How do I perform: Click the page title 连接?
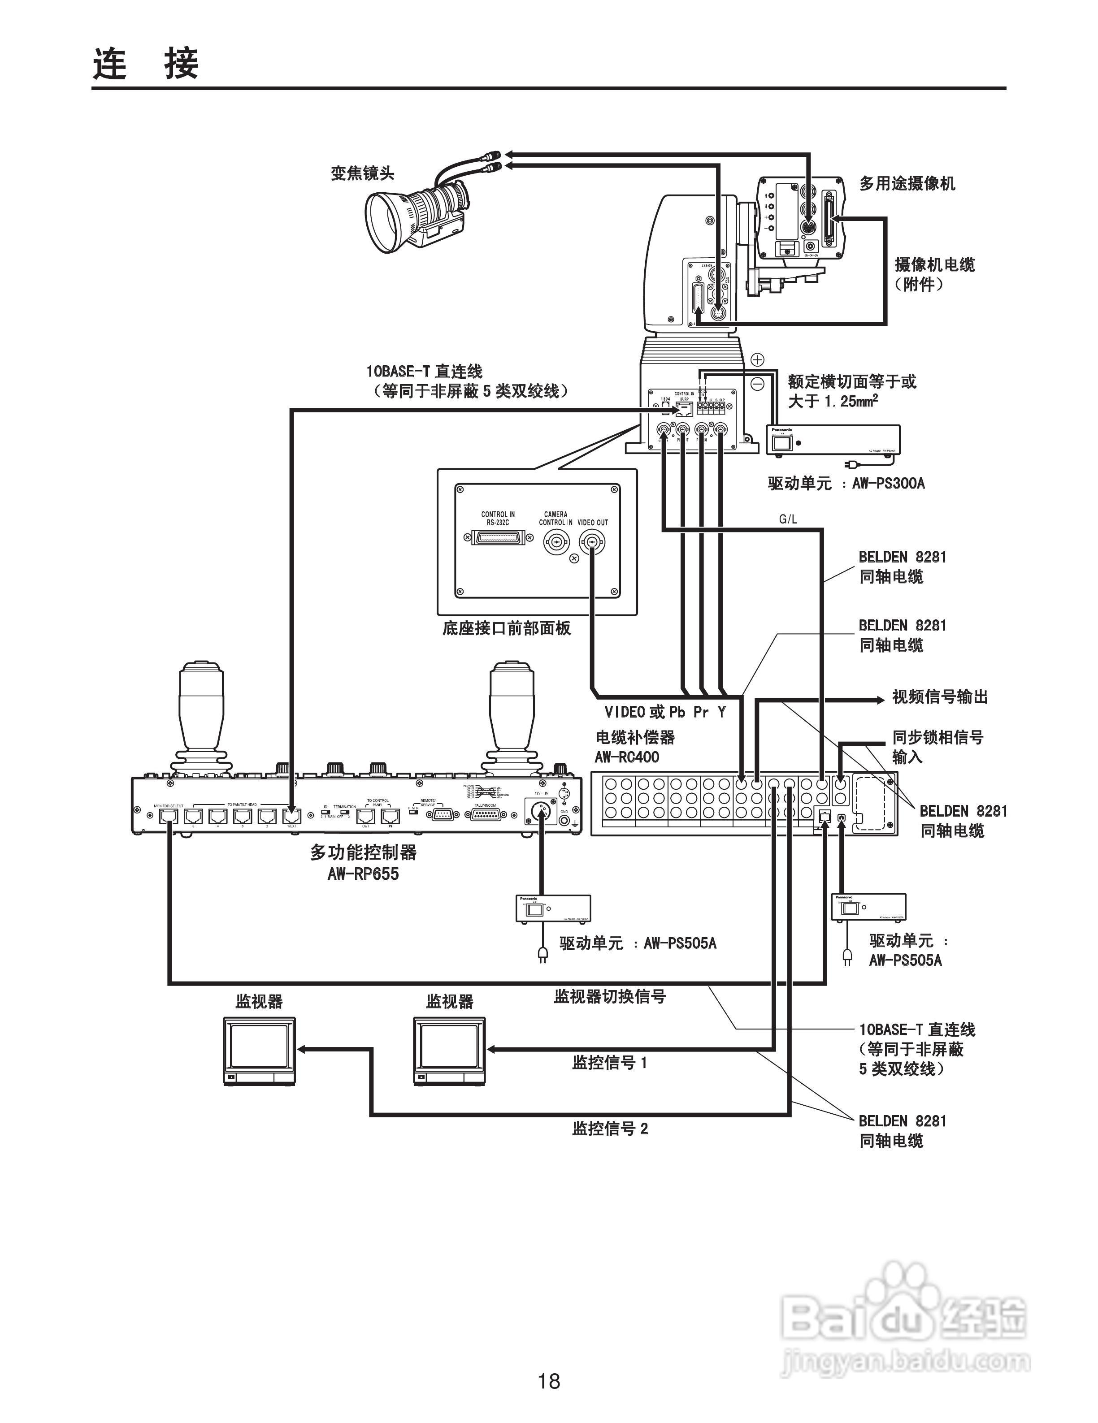[145, 63]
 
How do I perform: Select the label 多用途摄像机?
[907, 184]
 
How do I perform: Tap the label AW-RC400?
[626, 757]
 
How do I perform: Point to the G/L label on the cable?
[788, 519]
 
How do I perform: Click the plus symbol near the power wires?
[757, 359]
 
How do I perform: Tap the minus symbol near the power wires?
[757, 384]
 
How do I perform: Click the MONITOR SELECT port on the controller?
[169, 815]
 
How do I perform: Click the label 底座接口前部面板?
[506, 628]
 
